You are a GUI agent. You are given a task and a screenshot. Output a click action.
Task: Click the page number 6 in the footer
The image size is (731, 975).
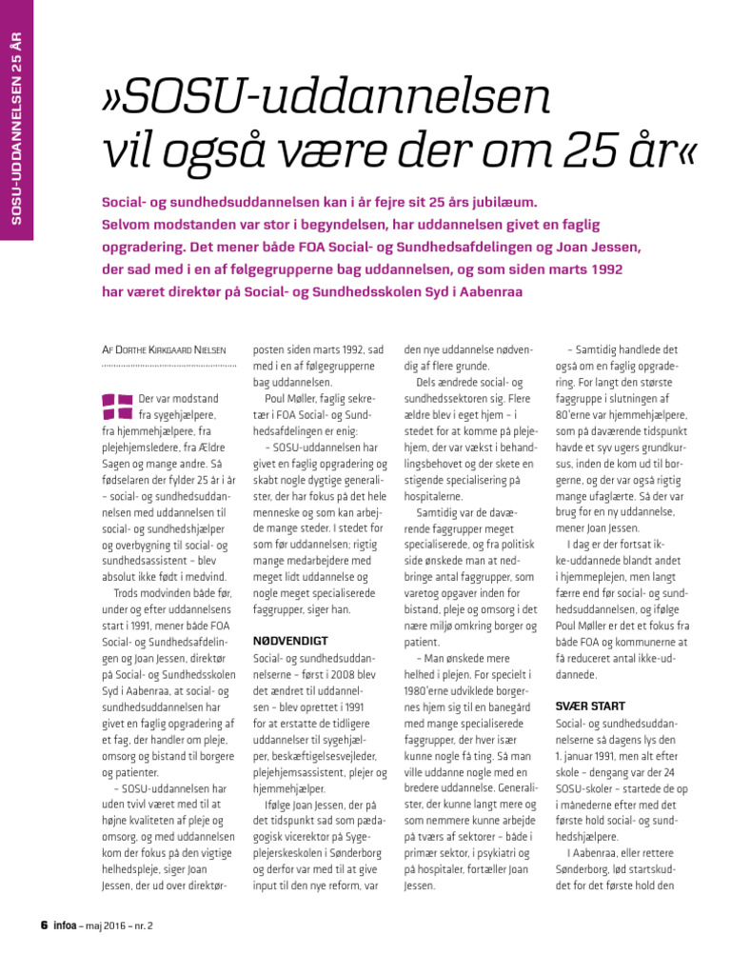[43, 925]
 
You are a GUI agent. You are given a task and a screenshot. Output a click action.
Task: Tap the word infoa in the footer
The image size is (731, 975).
[66, 925]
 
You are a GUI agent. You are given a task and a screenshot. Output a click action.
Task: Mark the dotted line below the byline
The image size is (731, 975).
[168, 366]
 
